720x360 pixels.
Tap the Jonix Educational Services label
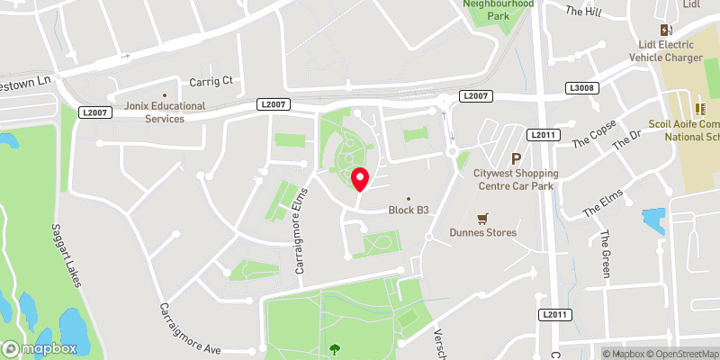165,112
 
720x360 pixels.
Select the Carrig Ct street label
210,81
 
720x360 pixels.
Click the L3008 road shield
580,88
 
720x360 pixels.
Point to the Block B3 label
407,211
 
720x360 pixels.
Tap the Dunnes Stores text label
483,232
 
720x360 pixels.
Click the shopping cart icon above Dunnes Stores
483,218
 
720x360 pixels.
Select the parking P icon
517,158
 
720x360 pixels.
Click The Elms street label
603,205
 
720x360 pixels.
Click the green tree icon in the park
336,349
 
